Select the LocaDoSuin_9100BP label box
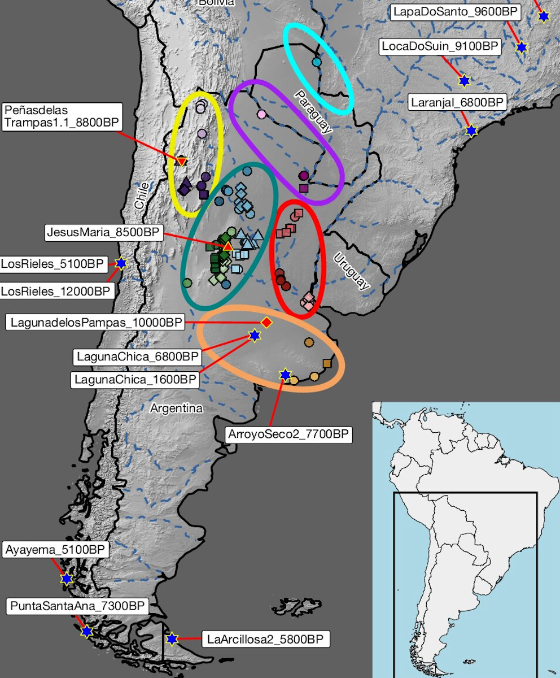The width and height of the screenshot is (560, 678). [x=440, y=46]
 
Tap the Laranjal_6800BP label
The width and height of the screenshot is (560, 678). [x=458, y=102]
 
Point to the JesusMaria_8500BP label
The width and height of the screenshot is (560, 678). [x=104, y=233]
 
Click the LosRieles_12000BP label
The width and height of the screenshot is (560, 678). [x=56, y=291]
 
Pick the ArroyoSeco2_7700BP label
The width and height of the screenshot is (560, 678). [x=288, y=434]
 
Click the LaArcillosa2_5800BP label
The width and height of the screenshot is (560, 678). [x=265, y=640]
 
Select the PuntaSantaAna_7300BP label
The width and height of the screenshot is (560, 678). [x=77, y=607]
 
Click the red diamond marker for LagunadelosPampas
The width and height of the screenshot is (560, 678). [x=266, y=322]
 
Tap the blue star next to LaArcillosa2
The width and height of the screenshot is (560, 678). [x=172, y=639]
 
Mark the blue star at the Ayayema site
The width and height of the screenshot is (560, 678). [x=67, y=579]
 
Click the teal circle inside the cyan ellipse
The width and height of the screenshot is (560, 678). [x=316, y=62]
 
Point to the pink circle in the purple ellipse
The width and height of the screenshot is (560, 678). [x=261, y=114]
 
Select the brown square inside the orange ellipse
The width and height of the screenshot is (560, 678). [x=327, y=363]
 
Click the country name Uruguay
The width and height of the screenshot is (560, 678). [x=351, y=271]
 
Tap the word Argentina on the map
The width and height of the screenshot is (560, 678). [x=176, y=408]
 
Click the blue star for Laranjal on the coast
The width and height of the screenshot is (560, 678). [x=471, y=131]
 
